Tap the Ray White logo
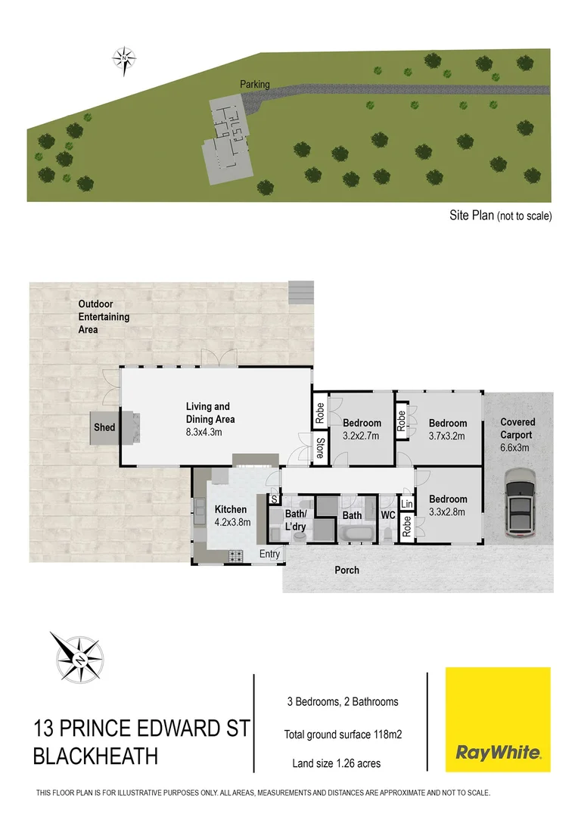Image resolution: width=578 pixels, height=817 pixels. point(497,719)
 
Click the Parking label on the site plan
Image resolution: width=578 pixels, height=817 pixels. point(255,85)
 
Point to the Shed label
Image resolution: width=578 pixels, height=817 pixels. point(104,427)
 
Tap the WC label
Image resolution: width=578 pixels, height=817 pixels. point(388,515)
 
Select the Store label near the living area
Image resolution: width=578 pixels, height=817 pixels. point(320,448)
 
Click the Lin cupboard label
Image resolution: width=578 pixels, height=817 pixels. point(406,504)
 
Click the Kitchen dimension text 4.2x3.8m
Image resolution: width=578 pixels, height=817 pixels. point(232,521)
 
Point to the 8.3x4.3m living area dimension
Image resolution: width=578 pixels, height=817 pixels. point(210,431)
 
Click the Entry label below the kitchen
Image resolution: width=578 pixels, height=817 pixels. point(269,555)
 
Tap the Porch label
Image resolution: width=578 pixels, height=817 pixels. point(347,570)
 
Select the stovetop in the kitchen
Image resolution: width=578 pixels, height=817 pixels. point(235,556)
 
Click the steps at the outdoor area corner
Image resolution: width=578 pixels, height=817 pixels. point(300,290)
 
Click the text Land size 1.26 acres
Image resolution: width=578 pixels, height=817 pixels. point(337,763)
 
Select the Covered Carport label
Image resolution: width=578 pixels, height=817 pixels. point(517,429)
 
